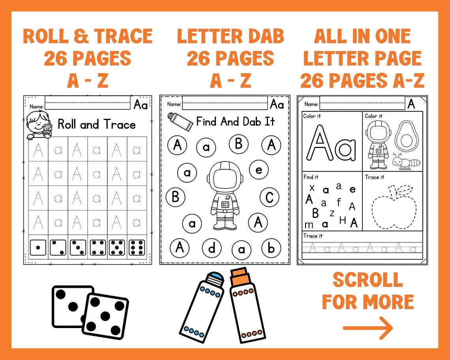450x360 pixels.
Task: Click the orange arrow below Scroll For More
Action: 367,328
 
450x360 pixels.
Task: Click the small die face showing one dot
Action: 38,247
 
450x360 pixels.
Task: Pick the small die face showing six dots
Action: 137,247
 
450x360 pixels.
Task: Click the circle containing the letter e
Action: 259,171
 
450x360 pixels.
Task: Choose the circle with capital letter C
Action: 270,197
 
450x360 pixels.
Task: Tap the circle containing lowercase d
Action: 212,248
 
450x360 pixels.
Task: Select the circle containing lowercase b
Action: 271,248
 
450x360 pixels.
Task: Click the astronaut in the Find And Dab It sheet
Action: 224,195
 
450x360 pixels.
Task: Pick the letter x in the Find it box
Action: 312,187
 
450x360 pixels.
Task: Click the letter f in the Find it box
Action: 339,202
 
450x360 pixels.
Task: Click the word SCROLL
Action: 367,280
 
